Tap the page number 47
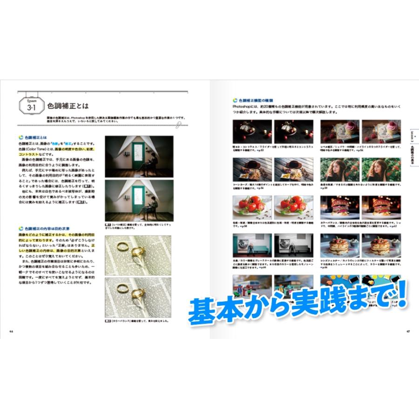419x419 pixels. pos(408,331)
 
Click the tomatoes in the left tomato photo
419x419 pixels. pos(251,203)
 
